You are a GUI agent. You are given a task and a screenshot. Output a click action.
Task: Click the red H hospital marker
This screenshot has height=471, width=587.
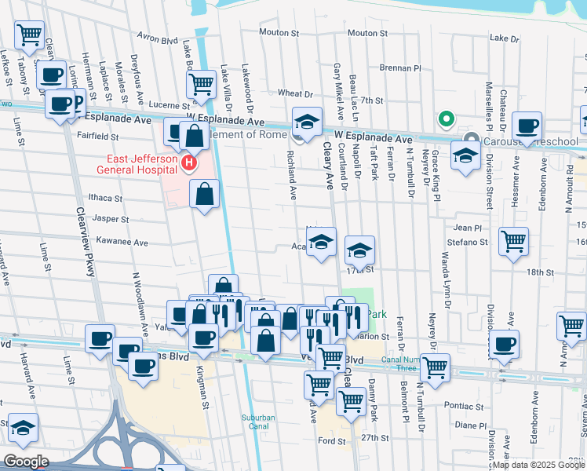click(x=188, y=163)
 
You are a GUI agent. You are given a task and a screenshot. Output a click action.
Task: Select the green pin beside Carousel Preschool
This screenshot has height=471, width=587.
click(x=446, y=119)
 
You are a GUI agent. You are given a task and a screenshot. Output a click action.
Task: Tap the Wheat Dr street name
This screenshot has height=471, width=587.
click(x=295, y=93)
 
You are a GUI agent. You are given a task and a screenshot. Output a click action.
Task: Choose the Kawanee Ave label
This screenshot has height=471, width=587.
click(x=122, y=243)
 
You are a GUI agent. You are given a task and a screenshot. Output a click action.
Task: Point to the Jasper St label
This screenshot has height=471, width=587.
click(x=111, y=219)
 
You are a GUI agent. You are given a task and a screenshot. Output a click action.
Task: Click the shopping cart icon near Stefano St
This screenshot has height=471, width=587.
click(x=513, y=241)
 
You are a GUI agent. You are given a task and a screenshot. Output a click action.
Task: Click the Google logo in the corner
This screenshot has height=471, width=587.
click(x=26, y=462)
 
